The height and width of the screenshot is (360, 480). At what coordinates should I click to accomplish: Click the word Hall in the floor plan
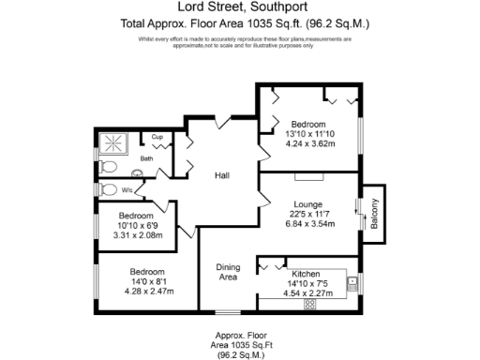pyautogui.click(x=222, y=175)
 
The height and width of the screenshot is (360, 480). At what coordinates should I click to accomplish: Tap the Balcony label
pyautogui.click(x=372, y=217)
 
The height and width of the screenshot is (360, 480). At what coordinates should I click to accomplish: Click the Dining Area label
pyautogui.click(x=229, y=272)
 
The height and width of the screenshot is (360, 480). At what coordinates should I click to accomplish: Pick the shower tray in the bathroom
pyautogui.click(x=116, y=142)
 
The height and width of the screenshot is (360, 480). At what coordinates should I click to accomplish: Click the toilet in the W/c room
pyautogui.click(x=109, y=188)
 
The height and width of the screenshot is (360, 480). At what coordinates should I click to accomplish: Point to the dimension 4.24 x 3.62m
pyautogui.click(x=308, y=145)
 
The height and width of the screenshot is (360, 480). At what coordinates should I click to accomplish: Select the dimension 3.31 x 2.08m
pyautogui.click(x=137, y=235)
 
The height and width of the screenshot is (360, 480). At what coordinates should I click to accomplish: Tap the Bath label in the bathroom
pyautogui.click(x=146, y=158)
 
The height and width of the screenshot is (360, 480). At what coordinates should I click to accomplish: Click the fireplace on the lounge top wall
pyautogui.click(x=308, y=175)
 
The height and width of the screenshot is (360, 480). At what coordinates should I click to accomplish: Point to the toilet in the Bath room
pyautogui.click(x=109, y=166)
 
